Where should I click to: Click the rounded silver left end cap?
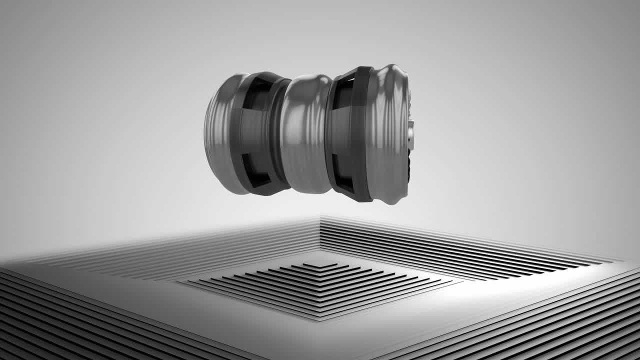click(220, 132)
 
